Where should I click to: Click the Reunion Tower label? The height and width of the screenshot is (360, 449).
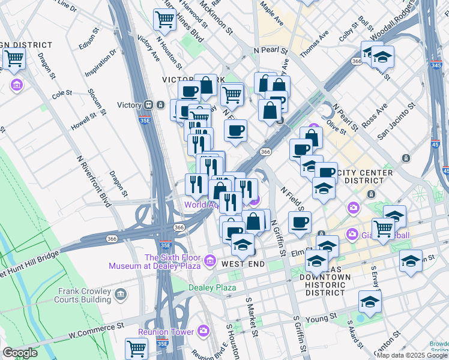[x=166, y=332]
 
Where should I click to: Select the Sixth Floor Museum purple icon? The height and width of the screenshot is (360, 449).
[x=209, y=260]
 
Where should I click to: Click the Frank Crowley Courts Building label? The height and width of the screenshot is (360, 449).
[x=83, y=295]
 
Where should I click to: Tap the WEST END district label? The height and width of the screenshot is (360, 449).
[x=243, y=264]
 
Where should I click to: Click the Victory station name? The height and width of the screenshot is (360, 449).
[x=129, y=105]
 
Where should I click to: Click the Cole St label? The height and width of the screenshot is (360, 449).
[x=62, y=94]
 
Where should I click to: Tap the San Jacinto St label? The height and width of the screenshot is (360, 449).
[x=396, y=122]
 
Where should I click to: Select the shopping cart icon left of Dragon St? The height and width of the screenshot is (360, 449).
[x=14, y=59]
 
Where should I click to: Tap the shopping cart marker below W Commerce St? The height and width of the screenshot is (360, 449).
[x=137, y=347]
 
